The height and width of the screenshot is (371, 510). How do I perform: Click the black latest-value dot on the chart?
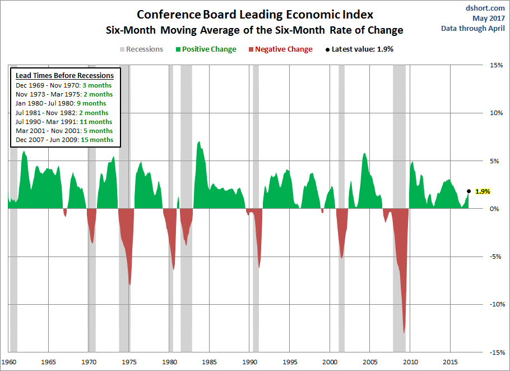point(469,191)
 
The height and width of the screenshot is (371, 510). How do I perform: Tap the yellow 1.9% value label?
point(483,191)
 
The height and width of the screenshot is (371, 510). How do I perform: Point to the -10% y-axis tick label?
point(495,305)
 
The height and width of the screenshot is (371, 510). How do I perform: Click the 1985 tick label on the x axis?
point(209,362)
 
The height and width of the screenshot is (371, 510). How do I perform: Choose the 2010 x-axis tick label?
point(411,362)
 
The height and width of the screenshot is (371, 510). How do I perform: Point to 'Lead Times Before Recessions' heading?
point(64,76)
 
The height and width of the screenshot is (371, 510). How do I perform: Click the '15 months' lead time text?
point(99,140)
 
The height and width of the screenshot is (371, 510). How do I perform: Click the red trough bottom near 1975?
point(130,285)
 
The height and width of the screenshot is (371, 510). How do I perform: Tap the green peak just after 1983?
point(199,142)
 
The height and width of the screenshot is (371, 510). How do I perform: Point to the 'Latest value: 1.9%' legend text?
point(362,49)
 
